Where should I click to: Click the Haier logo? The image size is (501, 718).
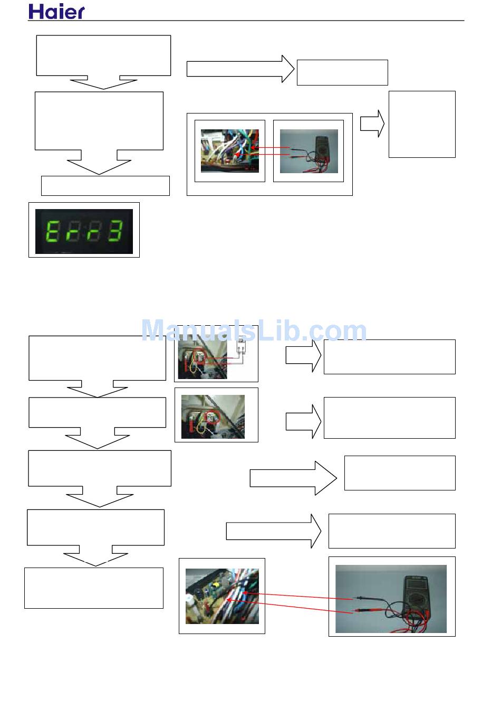pyautogui.click(x=56, y=12)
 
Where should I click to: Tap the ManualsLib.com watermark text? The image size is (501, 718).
pyautogui.click(x=254, y=331)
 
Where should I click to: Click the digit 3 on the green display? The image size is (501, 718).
pyautogui.click(x=115, y=231)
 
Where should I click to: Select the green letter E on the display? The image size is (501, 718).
pyautogui.click(x=53, y=231)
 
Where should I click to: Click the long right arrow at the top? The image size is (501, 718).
pyautogui.click(x=240, y=69)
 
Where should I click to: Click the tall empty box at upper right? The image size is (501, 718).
pyautogui.click(x=422, y=124)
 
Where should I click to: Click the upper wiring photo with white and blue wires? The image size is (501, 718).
pyautogui.click(x=230, y=150)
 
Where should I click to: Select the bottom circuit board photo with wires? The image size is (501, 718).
pyautogui.click(x=222, y=596)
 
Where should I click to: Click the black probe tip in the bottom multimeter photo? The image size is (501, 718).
pyautogui.click(x=359, y=598)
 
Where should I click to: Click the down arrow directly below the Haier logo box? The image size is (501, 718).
pyautogui.click(x=103, y=83)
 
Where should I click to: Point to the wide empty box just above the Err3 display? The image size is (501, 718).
pyautogui.click(x=105, y=186)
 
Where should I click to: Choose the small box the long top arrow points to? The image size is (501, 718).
pyautogui.click(x=342, y=72)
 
